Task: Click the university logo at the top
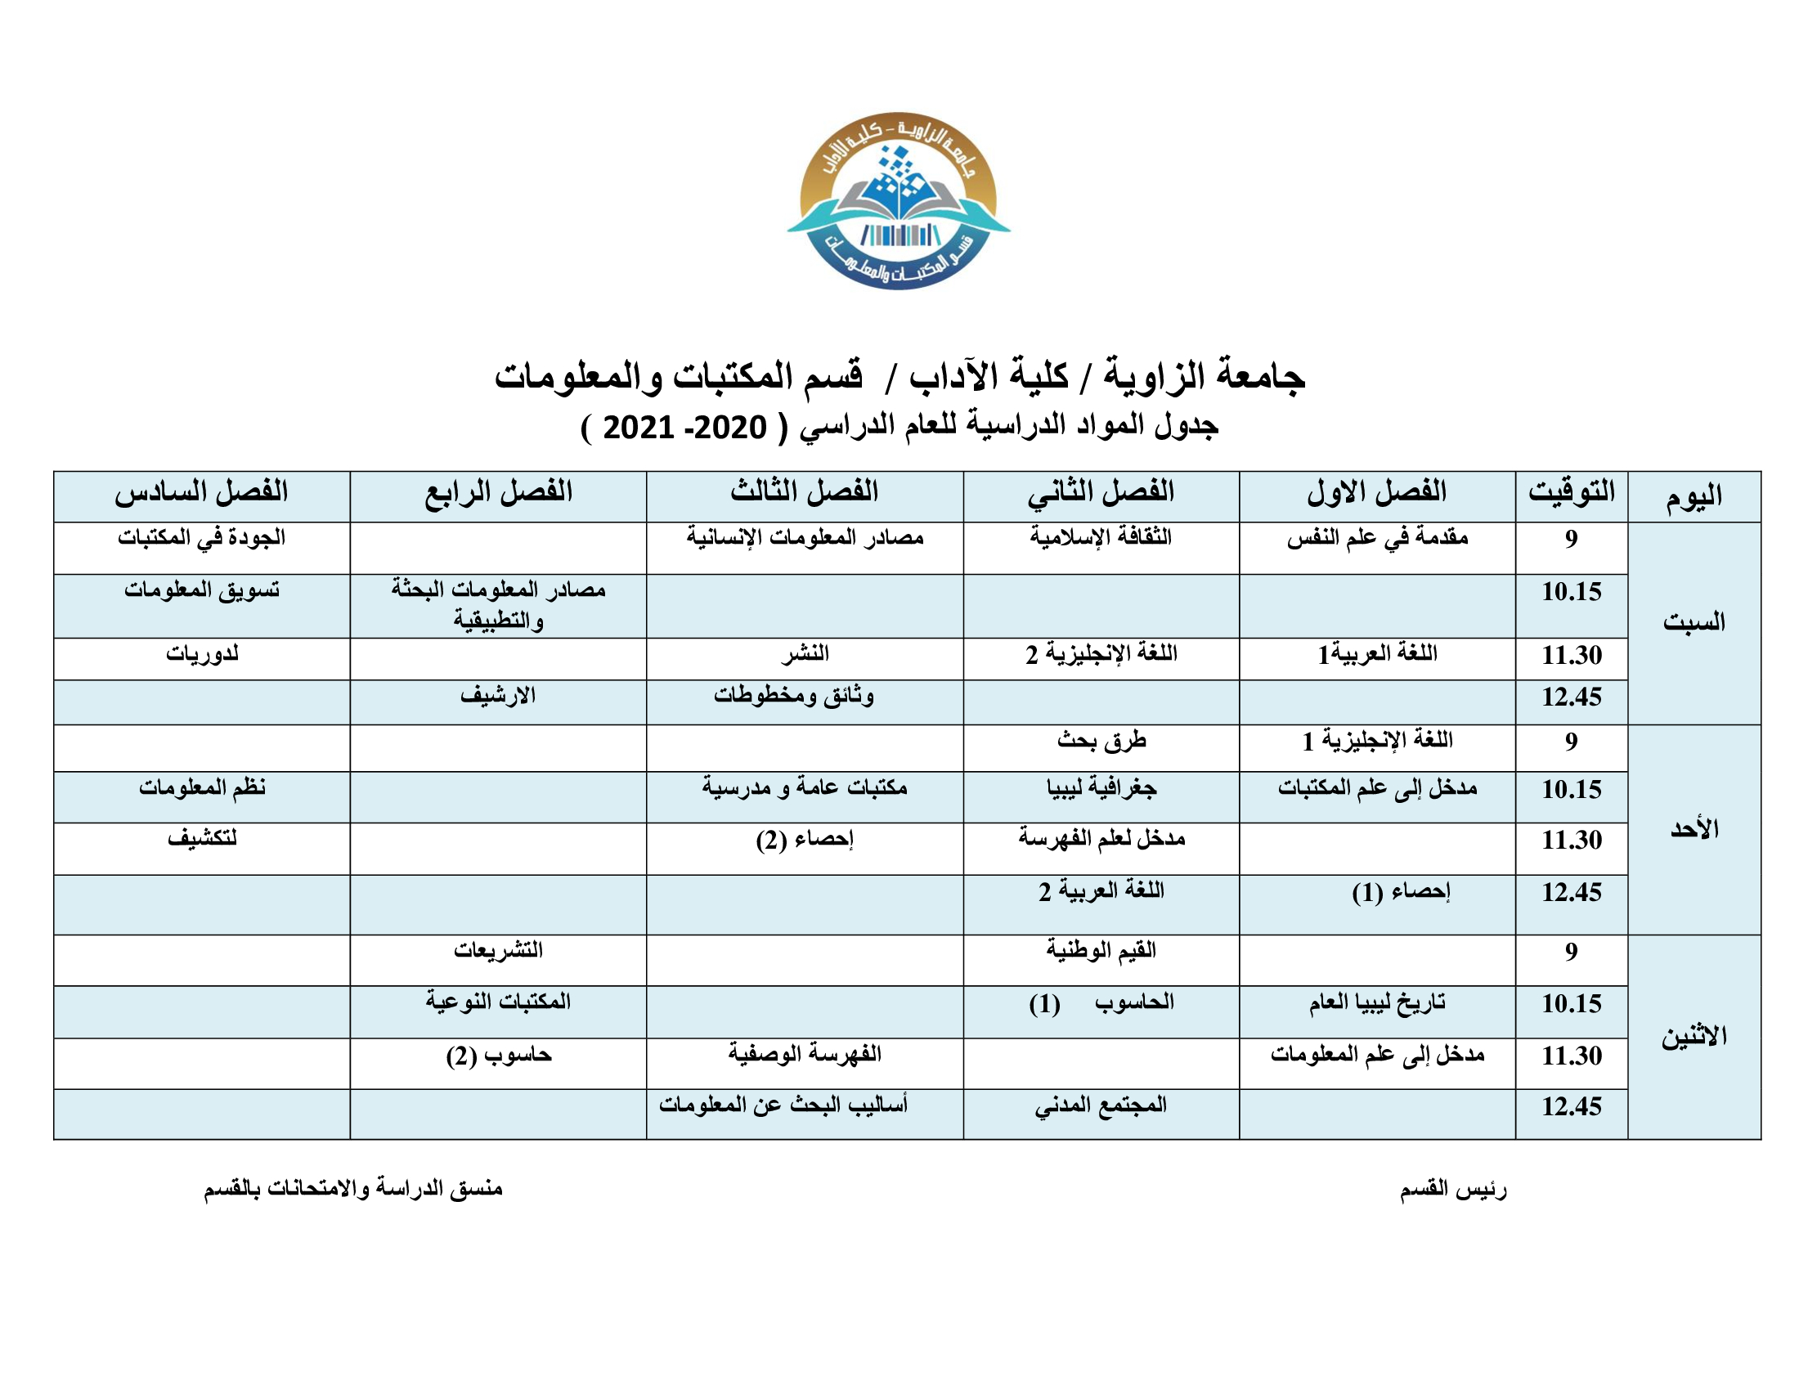click(899, 200)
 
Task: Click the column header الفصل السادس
click(202, 492)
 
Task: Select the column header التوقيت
click(1571, 492)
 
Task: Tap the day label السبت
click(1694, 622)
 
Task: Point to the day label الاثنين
click(1694, 1037)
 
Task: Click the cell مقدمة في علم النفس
click(1377, 539)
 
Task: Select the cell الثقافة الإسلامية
click(1101, 539)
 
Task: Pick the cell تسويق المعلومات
click(202, 590)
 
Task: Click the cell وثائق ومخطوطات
click(794, 697)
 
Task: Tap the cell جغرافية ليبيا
click(1101, 789)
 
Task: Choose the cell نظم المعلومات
click(202, 789)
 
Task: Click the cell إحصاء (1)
click(1400, 893)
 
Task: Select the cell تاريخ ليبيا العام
click(1377, 1003)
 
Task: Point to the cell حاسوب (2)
click(498, 1056)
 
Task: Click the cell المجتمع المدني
click(1101, 1106)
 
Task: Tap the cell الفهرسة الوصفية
click(804, 1055)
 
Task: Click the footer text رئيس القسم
click(1453, 1189)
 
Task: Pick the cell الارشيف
click(497, 697)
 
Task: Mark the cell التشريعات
click(497, 951)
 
